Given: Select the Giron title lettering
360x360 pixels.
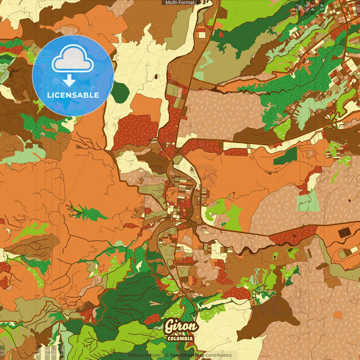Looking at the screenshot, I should (181, 327).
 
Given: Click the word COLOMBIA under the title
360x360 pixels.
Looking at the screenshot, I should (181, 338).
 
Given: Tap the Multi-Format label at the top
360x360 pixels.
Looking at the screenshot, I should (180, 3).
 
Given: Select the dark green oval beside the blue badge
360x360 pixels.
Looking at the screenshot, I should (120, 92).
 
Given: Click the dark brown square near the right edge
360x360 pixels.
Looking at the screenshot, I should (344, 232).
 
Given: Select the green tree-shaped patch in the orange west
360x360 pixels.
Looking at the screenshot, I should (85, 212).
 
